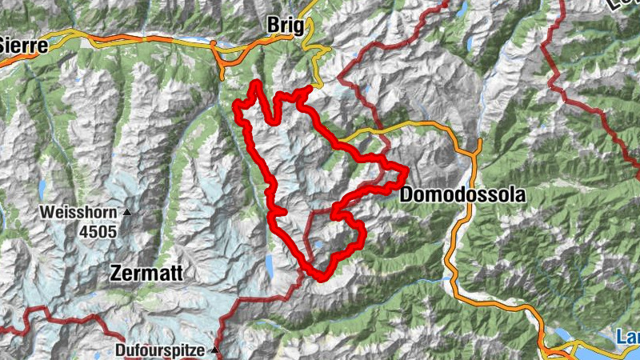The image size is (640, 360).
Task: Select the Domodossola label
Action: point(462,194)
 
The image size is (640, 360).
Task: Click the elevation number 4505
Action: point(98,231)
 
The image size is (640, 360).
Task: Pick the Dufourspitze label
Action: point(158,350)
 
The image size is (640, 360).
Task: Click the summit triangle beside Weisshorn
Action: point(126,213)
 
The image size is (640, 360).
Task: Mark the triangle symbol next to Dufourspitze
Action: point(214,350)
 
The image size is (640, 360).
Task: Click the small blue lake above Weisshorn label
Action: point(42,188)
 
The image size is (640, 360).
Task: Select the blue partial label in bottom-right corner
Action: point(628,338)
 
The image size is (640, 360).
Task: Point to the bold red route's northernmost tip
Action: point(256,83)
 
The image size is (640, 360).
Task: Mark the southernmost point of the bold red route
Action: point(322,278)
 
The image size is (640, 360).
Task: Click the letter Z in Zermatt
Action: point(114,274)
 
